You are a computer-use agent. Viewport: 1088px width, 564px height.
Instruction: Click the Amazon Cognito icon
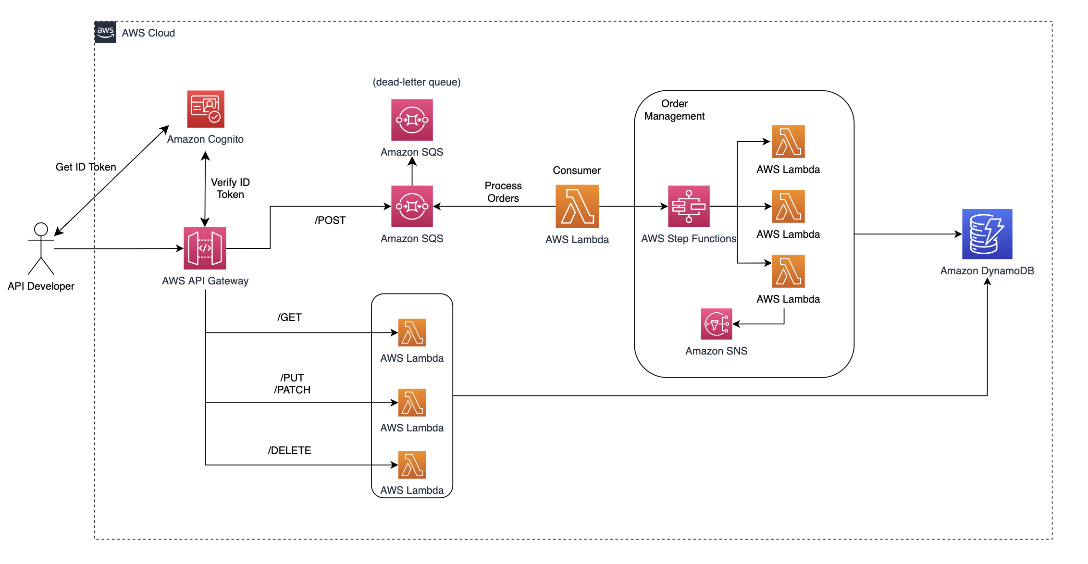(x=206, y=109)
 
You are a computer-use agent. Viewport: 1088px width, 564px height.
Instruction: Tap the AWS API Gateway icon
(x=205, y=248)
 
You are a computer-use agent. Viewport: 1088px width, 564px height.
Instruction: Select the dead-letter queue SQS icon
(x=412, y=120)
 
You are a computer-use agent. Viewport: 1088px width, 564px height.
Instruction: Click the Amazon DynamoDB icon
(x=987, y=234)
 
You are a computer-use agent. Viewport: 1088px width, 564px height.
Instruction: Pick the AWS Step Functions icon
(x=689, y=207)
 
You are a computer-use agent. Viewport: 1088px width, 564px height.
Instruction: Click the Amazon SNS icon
(x=716, y=324)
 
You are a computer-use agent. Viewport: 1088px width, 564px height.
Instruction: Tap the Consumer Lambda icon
(x=577, y=207)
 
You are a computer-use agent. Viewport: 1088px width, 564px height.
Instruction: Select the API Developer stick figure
(x=41, y=248)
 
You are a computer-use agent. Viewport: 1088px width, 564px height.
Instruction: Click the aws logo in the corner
(x=105, y=32)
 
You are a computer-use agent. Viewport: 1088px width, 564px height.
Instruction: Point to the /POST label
(x=330, y=221)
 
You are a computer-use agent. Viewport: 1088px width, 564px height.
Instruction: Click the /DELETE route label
(x=289, y=451)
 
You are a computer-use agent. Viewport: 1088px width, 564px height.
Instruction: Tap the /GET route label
(x=289, y=318)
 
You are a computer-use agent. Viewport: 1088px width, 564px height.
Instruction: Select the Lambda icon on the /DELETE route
(x=412, y=465)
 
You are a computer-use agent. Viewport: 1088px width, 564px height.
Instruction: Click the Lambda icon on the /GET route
(x=412, y=332)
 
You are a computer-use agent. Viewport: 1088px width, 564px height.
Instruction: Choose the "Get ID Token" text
(x=86, y=167)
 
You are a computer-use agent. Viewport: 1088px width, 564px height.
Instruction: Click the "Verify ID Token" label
(x=230, y=188)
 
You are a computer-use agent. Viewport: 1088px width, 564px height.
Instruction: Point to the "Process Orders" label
(x=503, y=192)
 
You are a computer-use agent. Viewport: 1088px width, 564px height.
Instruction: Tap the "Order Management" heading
(x=674, y=110)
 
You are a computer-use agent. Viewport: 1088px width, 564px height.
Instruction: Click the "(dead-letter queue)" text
(x=417, y=82)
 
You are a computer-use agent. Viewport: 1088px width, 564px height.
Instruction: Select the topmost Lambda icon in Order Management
(x=788, y=142)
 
